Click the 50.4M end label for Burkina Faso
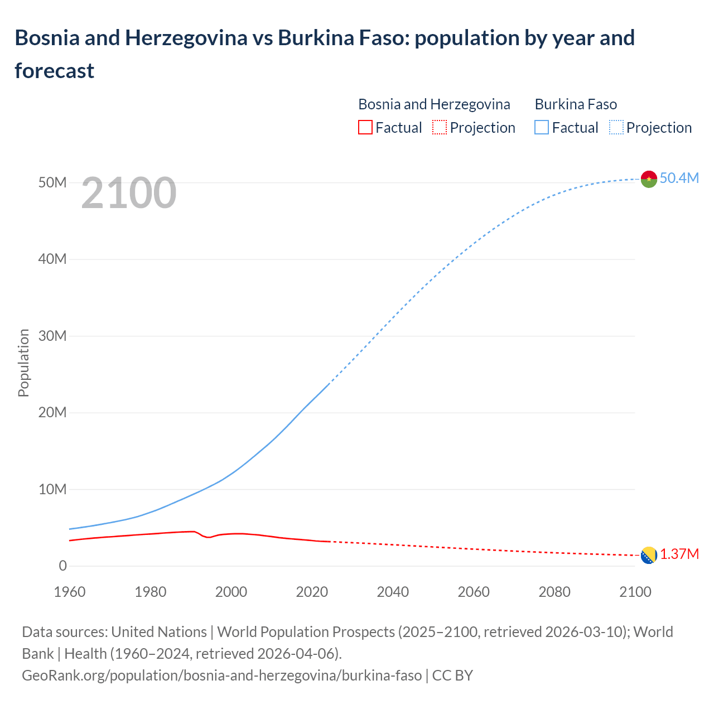tap(679, 178)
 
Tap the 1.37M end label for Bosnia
tap(679, 554)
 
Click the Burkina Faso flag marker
tap(649, 179)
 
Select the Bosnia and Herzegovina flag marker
tap(649, 556)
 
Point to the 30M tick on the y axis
tap(52, 336)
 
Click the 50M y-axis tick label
tap(52, 182)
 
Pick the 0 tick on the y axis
tap(62, 566)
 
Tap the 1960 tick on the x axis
tap(70, 592)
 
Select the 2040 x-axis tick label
tap(393, 592)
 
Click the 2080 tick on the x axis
tap(554, 592)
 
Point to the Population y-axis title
tap(23, 363)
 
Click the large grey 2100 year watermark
tap(129, 193)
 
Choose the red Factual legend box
tap(365, 128)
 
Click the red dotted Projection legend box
tap(440, 128)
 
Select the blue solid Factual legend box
tap(542, 128)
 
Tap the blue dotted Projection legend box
tap(616, 128)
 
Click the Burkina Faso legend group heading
tap(576, 104)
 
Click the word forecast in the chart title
tap(55, 71)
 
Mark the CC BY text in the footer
tap(452, 675)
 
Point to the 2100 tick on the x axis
tap(635, 592)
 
